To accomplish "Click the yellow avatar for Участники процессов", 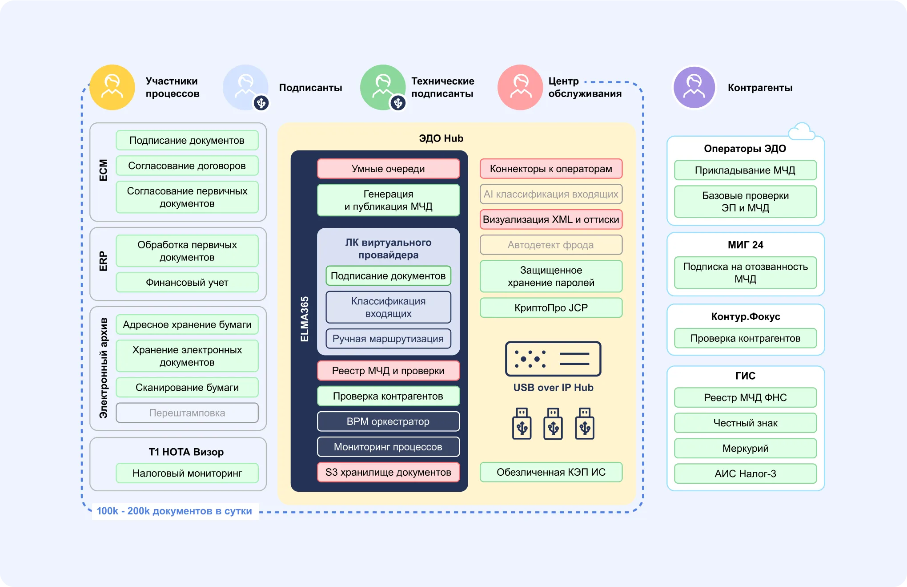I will tap(112, 87).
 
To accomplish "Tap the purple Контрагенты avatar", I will tap(694, 87).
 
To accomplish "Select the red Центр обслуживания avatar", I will tap(520, 87).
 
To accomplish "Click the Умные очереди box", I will tap(388, 169).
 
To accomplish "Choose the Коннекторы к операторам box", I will tap(551, 169).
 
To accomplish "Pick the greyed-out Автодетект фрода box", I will tap(551, 245).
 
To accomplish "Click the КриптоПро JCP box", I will tap(551, 308).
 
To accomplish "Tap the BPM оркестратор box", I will tap(388, 421).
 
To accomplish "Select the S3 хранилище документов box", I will tap(388, 472).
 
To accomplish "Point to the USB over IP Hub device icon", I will tap(553, 359).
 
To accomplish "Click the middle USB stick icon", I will tap(553, 424).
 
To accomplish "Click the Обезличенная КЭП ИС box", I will tap(551, 472).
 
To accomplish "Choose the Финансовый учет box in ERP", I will tap(187, 282).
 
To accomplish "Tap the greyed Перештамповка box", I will tap(187, 413).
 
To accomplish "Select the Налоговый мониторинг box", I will tap(187, 473).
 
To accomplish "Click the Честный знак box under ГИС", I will tap(745, 423).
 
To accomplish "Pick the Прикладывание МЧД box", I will tap(745, 170).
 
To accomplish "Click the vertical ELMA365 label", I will tap(305, 319).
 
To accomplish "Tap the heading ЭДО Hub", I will tap(441, 138).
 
